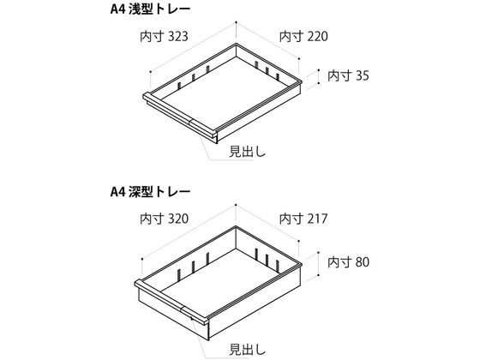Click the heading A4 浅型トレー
(150, 9)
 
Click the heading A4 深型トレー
(150, 192)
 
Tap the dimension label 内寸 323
(164, 36)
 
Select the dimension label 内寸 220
(303, 36)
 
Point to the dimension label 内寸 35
(348, 75)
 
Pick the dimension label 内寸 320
(164, 219)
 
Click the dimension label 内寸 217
(303, 219)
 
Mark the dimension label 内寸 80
(348, 262)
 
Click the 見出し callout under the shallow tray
(248, 152)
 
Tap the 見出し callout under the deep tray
(248, 350)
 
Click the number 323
(178, 36)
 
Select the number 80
(363, 262)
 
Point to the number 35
(363, 75)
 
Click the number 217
(318, 219)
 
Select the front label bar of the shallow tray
(180, 115)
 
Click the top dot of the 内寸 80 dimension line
(319, 253)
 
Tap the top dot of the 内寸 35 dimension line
(319, 70)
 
